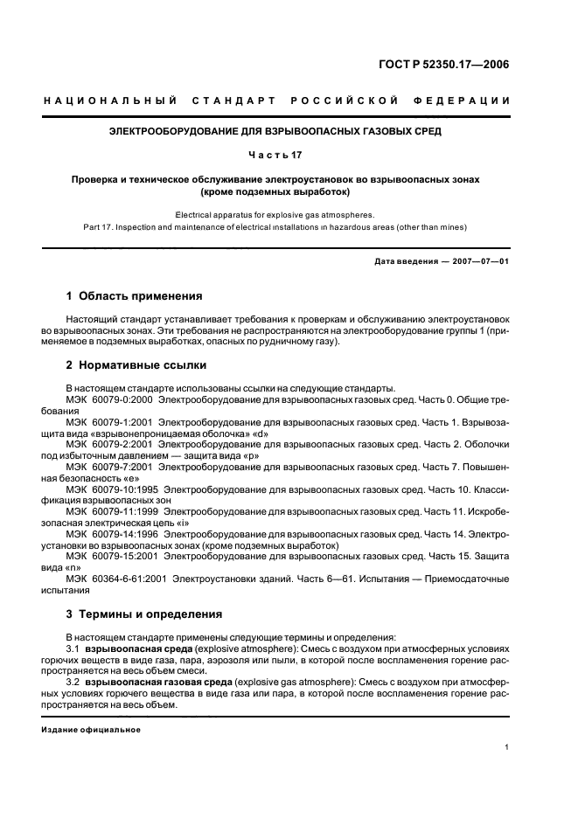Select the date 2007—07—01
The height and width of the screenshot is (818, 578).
coord(479,261)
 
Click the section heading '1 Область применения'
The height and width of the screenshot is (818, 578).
coord(135,296)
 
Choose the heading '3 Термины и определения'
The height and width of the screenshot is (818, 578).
coord(144,613)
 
